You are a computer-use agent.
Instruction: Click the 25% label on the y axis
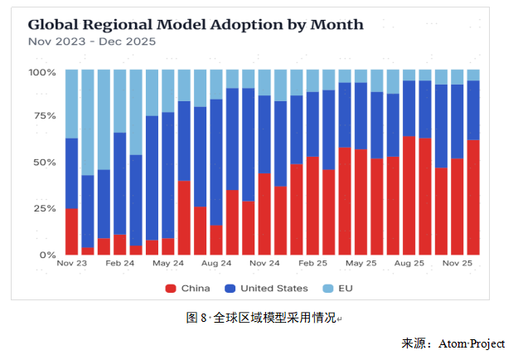(x=43, y=208)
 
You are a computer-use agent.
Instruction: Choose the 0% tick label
(x=46, y=255)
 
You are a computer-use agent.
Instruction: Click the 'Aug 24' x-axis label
(x=216, y=263)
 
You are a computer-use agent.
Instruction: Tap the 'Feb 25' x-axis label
(x=313, y=263)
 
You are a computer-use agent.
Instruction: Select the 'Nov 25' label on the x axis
(x=457, y=263)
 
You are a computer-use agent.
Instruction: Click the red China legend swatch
(x=172, y=288)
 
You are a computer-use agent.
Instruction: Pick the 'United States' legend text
(x=274, y=288)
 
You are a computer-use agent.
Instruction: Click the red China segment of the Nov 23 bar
(x=71, y=232)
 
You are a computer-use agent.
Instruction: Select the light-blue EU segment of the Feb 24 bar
(x=120, y=100)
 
